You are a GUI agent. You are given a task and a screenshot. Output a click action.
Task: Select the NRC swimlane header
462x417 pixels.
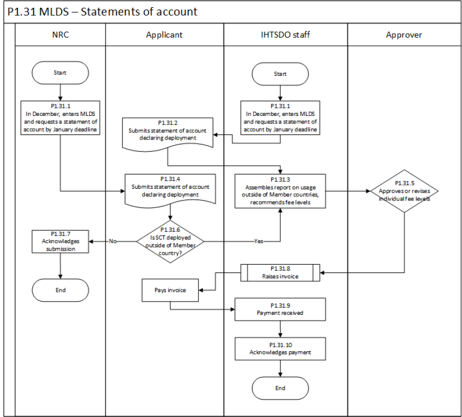(61, 35)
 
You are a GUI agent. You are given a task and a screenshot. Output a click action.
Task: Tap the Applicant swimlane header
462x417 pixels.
(164, 35)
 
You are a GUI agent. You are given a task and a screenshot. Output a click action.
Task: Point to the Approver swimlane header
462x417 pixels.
(405, 35)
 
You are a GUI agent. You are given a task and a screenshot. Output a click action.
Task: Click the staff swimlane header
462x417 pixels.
(285, 35)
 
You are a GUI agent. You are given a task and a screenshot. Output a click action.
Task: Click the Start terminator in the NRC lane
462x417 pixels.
(60, 73)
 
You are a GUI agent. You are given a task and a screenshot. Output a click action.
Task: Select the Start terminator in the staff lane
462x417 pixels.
(280, 73)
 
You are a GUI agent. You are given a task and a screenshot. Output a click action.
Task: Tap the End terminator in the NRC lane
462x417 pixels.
(60, 290)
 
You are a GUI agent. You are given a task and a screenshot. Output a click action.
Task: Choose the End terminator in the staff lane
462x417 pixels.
(280, 388)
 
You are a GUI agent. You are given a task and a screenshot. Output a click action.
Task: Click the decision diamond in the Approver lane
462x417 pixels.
(405, 191)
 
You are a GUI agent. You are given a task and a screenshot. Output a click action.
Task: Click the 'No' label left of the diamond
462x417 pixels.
(113, 241)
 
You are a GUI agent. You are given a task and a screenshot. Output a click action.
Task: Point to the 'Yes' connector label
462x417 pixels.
(259, 241)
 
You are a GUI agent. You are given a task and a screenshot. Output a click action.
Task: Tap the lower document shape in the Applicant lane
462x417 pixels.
(169, 188)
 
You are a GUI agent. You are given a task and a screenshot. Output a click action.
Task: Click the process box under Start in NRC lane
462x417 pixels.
(61, 117)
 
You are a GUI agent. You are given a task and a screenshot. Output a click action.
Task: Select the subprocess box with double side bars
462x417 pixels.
(280, 272)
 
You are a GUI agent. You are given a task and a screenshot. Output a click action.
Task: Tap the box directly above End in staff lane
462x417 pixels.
(280, 349)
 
